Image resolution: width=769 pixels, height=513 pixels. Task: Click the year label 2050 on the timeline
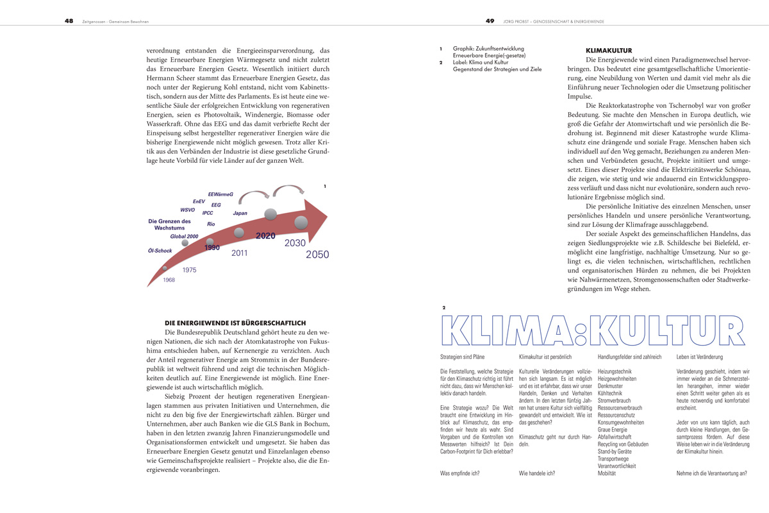pyautogui.click(x=317, y=255)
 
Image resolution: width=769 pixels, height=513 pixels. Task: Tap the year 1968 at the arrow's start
pyautogui.click(x=169, y=280)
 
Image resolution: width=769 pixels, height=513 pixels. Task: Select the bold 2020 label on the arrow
pyautogui.click(x=265, y=236)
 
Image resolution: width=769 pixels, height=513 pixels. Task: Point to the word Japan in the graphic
pyautogui.click(x=240, y=213)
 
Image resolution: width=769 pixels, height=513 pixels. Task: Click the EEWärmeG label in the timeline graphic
pyautogui.click(x=220, y=194)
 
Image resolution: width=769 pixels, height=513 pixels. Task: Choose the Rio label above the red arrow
pyautogui.click(x=211, y=224)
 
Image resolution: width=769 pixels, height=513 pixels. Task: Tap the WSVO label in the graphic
pyautogui.click(x=187, y=210)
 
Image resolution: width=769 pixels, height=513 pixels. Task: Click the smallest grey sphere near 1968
pyautogui.click(x=165, y=268)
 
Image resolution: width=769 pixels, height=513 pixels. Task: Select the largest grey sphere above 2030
pyautogui.click(x=301, y=223)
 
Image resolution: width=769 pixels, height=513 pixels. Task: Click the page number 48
pyautogui.click(x=69, y=21)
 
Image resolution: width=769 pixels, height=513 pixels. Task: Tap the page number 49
pyautogui.click(x=490, y=21)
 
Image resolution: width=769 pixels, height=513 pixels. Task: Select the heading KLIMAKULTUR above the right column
pyautogui.click(x=609, y=50)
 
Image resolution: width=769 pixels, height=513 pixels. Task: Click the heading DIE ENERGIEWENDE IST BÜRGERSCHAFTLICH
pyautogui.click(x=235, y=323)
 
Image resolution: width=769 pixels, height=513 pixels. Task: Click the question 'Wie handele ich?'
pyautogui.click(x=537, y=473)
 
